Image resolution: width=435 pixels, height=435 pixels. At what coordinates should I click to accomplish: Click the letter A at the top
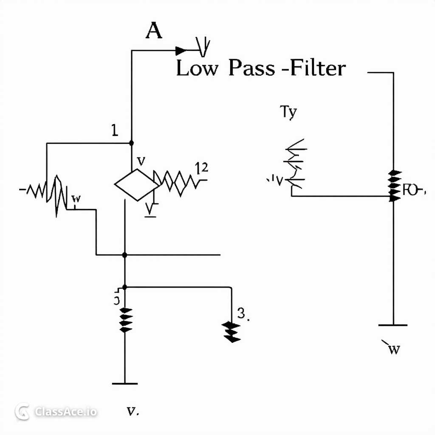(x=154, y=31)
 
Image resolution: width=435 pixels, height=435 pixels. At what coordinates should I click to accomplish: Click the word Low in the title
(x=196, y=69)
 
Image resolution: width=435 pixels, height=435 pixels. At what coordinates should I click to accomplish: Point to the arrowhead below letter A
(x=181, y=51)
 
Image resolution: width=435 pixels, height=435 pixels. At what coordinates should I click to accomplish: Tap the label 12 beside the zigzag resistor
(x=201, y=168)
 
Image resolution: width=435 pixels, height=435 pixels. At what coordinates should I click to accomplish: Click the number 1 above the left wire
(x=114, y=130)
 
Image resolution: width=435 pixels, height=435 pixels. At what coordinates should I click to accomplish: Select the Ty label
(x=288, y=112)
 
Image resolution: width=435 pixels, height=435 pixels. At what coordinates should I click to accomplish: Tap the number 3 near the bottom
(x=242, y=314)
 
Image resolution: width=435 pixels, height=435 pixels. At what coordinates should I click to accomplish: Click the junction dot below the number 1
(x=131, y=143)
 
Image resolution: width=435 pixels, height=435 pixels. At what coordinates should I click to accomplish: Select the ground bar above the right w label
(x=393, y=325)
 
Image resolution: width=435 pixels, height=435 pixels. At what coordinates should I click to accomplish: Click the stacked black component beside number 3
(x=231, y=331)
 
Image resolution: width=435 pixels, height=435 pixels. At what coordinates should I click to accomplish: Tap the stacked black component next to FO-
(x=395, y=185)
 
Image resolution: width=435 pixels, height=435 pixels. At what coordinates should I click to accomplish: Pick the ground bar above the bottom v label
(x=124, y=384)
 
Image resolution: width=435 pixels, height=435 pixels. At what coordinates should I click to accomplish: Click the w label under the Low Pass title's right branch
(x=393, y=349)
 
